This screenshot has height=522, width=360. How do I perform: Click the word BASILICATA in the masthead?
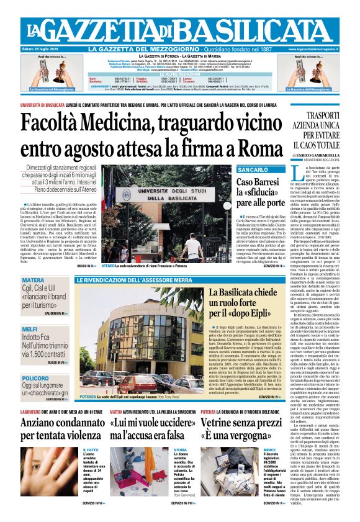261,29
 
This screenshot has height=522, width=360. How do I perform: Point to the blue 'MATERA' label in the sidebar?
34,280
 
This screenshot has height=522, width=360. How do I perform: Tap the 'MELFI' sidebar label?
30,329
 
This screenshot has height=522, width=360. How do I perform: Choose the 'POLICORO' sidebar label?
35,378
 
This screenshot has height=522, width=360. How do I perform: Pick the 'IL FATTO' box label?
90,449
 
